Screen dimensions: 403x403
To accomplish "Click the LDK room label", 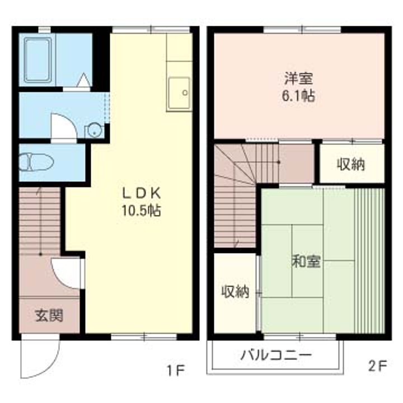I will coord(142,194).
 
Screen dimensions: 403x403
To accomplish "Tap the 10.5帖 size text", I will coord(142,211).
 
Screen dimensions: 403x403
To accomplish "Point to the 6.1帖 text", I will coord(297,96).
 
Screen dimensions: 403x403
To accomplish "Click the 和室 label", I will coord(306,261).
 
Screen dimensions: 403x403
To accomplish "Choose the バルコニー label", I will coord(276,355).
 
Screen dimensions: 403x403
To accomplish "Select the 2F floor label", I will coord(377,367).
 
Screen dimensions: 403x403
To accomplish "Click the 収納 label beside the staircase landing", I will coord(351,165).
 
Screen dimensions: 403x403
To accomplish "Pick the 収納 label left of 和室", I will coord(235,292).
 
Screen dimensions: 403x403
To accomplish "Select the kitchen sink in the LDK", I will coord(179,93).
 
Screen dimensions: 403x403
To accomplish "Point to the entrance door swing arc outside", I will coord(39,358).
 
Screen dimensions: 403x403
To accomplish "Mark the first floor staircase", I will coord(39,221).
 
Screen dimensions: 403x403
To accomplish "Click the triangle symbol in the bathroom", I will coord(83,81).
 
